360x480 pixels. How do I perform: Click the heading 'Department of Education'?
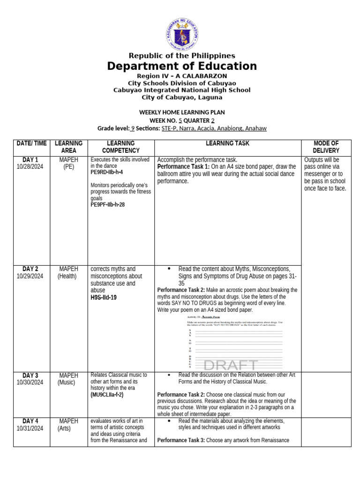click(182, 66)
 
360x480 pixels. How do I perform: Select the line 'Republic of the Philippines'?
click(182, 56)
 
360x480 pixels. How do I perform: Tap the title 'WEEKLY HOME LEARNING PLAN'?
click(182, 112)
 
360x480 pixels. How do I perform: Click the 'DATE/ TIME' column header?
click(31, 143)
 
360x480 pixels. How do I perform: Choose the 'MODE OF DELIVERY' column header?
click(325, 147)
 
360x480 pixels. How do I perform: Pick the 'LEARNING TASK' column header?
click(227, 143)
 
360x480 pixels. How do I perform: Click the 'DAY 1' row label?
click(30, 160)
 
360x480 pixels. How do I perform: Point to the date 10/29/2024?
click(30, 276)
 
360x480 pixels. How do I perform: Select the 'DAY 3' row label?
click(30, 375)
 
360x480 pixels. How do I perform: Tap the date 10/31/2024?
click(30, 428)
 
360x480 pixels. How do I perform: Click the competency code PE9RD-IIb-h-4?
click(106, 172)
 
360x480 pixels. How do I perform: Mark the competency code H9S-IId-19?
click(104, 297)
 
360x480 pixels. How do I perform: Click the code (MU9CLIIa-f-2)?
click(107, 395)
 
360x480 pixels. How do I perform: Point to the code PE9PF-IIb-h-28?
click(108, 205)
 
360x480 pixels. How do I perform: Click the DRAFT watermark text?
click(231, 365)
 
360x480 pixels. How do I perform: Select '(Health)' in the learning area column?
click(68, 276)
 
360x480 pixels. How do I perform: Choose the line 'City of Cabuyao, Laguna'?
click(182, 97)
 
